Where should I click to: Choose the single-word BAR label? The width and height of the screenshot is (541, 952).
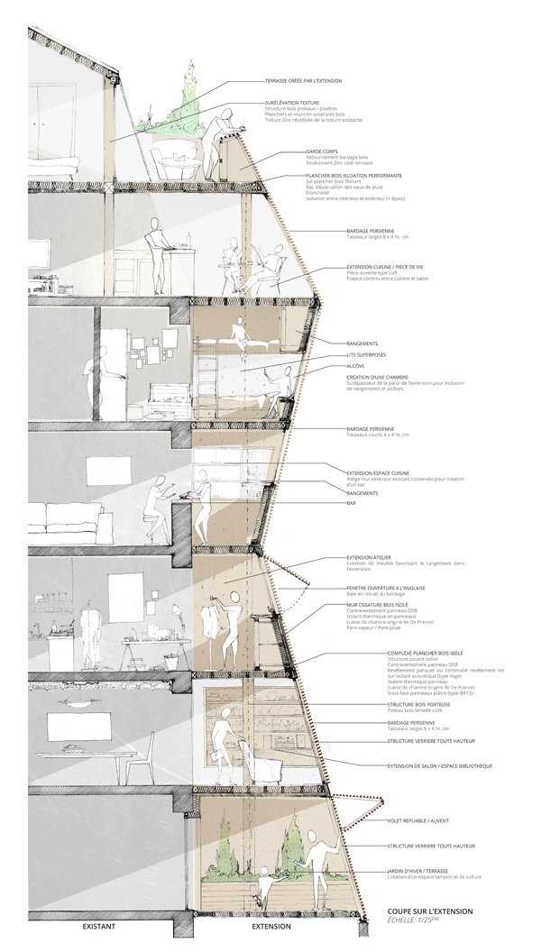point(352,504)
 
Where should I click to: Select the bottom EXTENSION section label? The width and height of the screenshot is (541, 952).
point(270,927)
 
